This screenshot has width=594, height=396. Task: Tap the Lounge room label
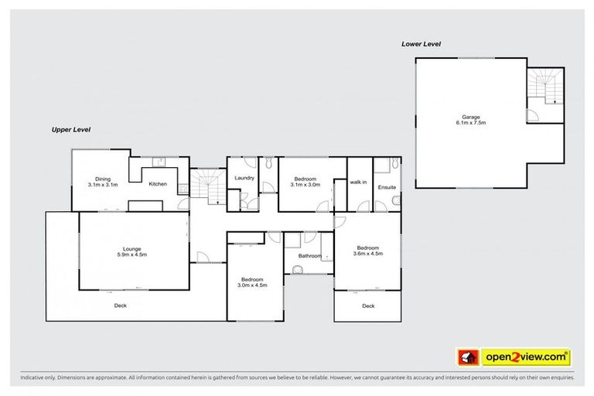pos(131,248)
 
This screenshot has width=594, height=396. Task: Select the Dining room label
pos(102,179)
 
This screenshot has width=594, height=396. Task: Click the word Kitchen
pos(158,183)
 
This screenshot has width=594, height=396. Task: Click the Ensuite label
pos(387,187)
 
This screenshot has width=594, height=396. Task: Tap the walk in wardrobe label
pos(358,182)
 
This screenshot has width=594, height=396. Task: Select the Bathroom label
pos(309,255)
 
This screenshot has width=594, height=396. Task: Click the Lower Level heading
pos(421,44)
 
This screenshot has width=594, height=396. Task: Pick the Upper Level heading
pos(71,129)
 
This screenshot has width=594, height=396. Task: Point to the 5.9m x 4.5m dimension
pos(131,254)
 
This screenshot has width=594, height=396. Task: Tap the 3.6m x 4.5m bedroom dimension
pos(368,254)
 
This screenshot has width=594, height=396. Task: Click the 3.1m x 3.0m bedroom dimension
pos(305,186)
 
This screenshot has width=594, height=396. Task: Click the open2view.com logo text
pos(525,357)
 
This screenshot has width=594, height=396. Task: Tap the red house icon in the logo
pos(468,357)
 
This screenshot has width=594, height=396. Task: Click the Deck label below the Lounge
pos(120,305)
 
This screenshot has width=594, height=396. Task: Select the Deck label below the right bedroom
pos(368,306)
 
